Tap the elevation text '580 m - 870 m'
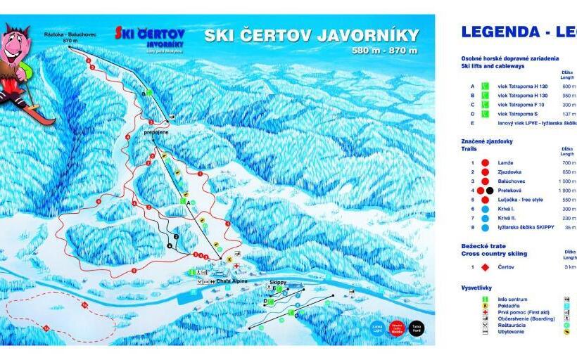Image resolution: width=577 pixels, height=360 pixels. (x=384, y=51)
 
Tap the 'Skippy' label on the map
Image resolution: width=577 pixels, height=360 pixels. (x=279, y=282)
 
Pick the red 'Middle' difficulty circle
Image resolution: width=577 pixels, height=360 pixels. (x=397, y=328)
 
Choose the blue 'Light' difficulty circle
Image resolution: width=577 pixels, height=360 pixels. (x=376, y=328)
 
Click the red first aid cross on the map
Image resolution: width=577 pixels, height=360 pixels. (x=237, y=266)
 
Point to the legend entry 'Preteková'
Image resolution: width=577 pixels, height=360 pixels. (x=511, y=190)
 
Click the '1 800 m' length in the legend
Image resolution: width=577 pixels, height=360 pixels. (x=568, y=190)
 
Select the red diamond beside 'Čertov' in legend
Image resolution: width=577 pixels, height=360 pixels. (x=484, y=267)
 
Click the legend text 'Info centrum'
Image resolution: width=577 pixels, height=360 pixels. (x=513, y=300)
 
